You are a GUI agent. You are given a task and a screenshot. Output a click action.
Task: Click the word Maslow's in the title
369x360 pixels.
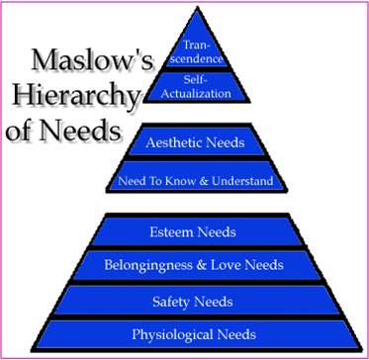[92, 61]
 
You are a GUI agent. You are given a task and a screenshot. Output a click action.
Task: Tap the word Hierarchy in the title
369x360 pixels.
[75, 96]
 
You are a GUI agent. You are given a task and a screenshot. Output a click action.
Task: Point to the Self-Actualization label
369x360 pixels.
[197, 87]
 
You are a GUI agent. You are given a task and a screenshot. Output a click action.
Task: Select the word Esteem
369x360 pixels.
[171, 232]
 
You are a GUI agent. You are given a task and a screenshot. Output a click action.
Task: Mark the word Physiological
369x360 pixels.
[172, 335]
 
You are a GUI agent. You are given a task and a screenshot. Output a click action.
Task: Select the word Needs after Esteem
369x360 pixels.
[217, 232]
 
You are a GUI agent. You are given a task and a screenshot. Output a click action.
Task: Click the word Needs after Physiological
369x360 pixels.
[236, 334]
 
